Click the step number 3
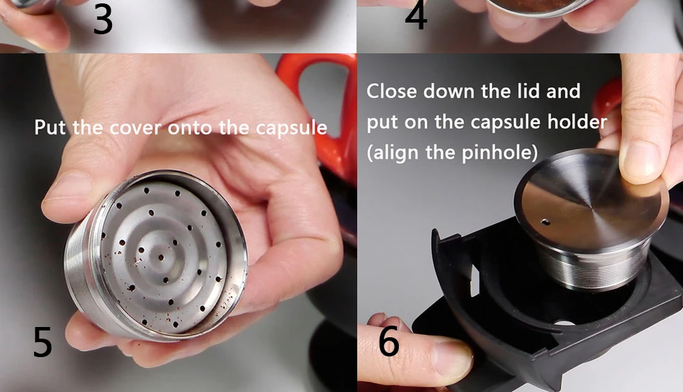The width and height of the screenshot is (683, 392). tap(103, 20)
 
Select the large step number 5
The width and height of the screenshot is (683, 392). tap(42, 342)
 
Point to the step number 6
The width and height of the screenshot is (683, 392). tap(389, 341)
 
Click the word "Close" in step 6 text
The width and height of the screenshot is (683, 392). tap(393, 91)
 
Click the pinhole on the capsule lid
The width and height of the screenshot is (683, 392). tap(545, 222)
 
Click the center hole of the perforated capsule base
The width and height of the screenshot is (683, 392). tap(161, 257)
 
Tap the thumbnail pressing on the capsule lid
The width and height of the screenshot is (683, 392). tap(637, 159)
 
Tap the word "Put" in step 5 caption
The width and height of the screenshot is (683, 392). tap(51, 128)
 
